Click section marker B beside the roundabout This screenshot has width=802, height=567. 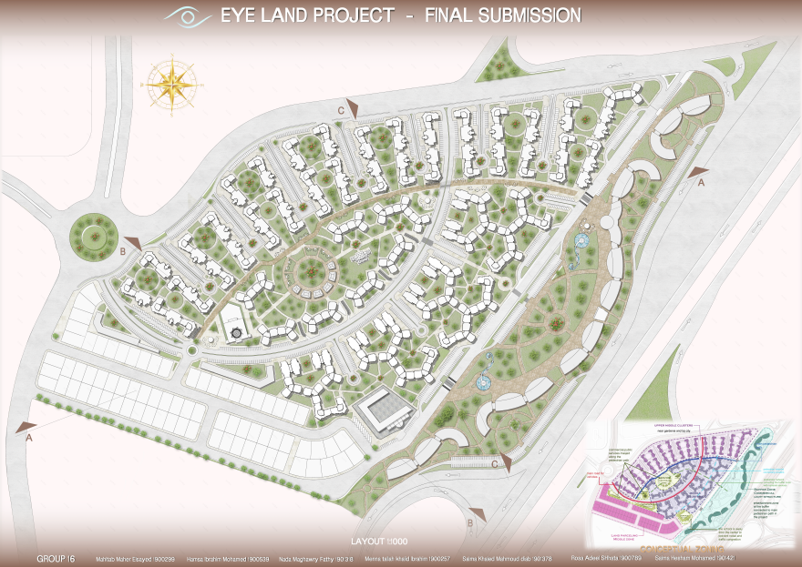click(x=131, y=243)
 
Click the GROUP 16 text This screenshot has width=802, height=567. click(x=56, y=557)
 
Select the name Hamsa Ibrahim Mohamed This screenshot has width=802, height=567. click(x=228, y=558)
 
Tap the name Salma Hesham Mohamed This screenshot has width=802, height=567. click(x=694, y=558)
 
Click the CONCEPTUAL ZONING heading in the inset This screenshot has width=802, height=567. click(x=679, y=549)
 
